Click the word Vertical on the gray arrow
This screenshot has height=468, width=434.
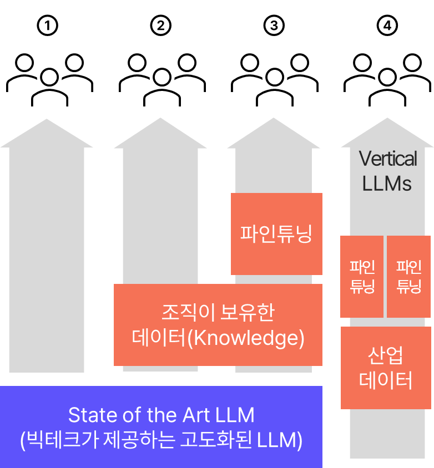[388, 159]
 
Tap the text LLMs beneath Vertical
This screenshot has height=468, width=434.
[387, 184]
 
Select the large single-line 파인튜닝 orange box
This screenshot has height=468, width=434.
[276, 233]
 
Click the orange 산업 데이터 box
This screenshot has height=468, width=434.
[386, 368]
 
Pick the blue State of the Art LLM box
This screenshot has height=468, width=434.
[161, 427]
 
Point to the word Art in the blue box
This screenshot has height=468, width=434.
[195, 415]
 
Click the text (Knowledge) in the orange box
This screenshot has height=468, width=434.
[246, 338]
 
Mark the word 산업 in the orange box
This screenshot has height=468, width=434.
[386, 355]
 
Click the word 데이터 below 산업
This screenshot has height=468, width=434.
[386, 381]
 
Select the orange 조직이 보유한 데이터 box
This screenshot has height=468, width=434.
[218, 324]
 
